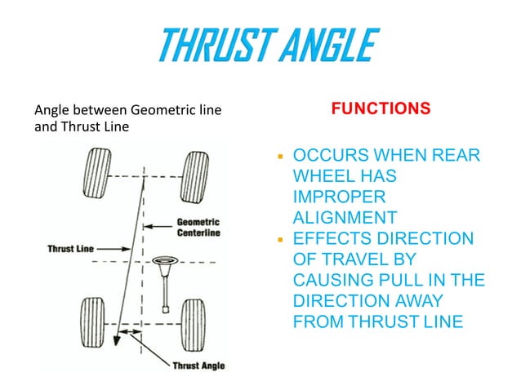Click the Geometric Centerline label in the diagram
[x=198, y=227]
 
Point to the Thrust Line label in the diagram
[x=71, y=249]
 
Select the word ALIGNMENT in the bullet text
[x=345, y=218]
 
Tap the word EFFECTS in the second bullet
[x=336, y=239]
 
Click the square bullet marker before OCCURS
[x=280, y=155]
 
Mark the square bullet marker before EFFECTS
[x=280, y=238]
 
